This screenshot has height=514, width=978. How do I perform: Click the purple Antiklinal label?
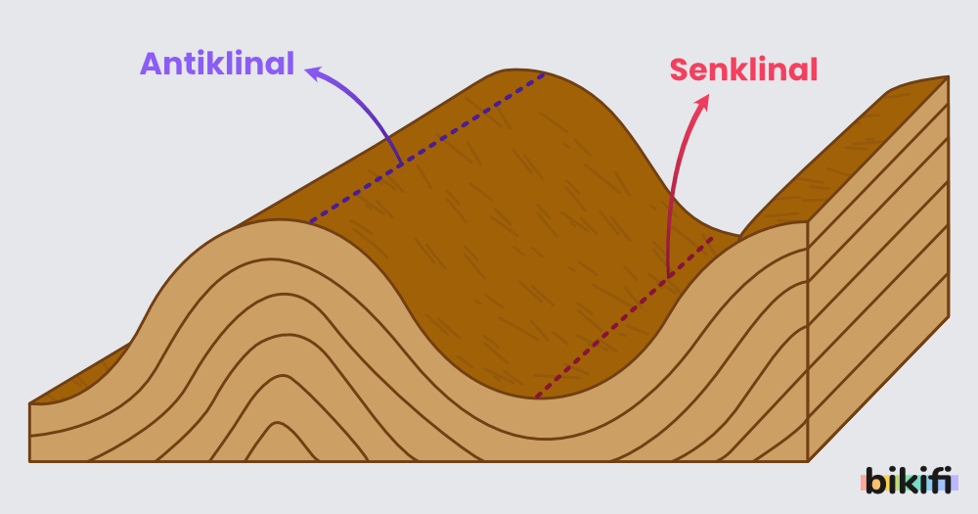(x=217, y=65)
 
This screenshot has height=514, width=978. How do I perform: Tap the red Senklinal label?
(x=743, y=70)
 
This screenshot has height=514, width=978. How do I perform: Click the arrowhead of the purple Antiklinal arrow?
(x=311, y=70)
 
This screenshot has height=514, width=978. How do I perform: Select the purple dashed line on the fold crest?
(x=427, y=148)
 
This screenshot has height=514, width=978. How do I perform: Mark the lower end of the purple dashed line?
(x=311, y=221)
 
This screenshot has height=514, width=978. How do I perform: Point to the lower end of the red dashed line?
(x=537, y=397)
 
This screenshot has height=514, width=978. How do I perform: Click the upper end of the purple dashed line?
(x=544, y=74)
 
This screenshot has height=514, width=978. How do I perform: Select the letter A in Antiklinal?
(x=151, y=65)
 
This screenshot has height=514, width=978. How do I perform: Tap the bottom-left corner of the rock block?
(x=30, y=460)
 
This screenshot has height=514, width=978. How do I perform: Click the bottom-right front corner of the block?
(x=807, y=460)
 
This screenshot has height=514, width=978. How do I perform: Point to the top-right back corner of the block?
(x=948, y=77)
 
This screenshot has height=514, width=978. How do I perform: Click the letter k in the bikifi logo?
(x=905, y=481)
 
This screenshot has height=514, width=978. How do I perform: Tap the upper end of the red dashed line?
(x=712, y=237)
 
